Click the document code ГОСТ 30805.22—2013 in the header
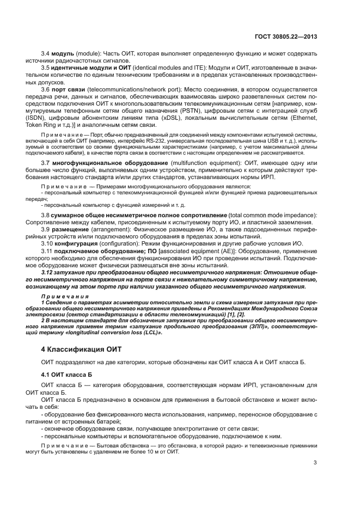286,36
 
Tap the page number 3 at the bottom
315,463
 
